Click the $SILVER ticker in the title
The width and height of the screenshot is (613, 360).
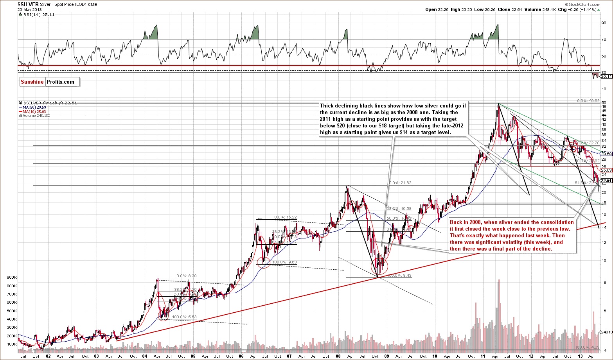27,4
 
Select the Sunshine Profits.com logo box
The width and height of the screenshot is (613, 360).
50,82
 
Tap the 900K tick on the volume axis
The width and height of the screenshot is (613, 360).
11,278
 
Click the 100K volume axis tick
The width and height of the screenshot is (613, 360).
11,344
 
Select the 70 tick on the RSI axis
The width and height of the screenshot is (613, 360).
604,39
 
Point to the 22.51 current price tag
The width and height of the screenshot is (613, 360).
606,181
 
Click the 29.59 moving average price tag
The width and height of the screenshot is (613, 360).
606,154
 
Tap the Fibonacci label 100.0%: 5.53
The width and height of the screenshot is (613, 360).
184,317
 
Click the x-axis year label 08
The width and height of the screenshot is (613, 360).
338,356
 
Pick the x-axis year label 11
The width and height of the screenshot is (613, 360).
483,356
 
